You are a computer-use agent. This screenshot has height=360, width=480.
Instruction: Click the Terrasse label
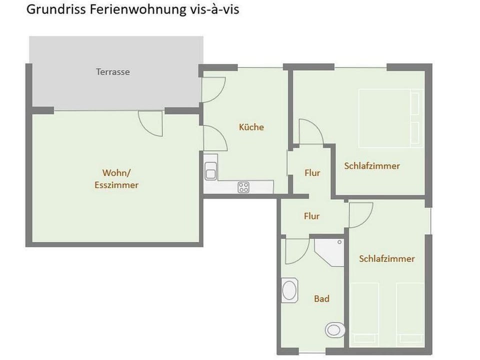pyautogui.click(x=113, y=72)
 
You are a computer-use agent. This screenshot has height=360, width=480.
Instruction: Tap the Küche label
pyautogui.click(x=251, y=127)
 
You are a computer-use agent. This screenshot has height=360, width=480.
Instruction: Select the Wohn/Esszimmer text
pyautogui.click(x=116, y=179)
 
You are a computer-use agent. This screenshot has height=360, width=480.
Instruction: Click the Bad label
pyautogui.click(x=321, y=298)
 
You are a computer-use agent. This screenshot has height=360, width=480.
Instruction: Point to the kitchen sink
pyautogui.click(x=210, y=168)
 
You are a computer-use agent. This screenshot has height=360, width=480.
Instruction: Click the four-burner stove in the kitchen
pyautogui.click(x=243, y=187)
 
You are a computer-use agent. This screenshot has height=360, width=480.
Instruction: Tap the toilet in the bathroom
pyautogui.click(x=335, y=329)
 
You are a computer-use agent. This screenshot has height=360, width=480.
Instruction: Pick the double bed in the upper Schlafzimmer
pyautogui.click(x=390, y=118)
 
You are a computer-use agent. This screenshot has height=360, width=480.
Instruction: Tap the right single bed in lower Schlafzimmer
pyautogui.click(x=409, y=312)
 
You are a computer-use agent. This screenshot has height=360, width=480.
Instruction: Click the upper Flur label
pyautogui.click(x=312, y=173)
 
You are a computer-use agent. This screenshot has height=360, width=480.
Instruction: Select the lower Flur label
pyautogui.click(x=311, y=216)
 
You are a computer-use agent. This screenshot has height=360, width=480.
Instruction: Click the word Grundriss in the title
pyautogui.click(x=56, y=10)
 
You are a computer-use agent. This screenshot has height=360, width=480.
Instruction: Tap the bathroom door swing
pyautogui.click(x=296, y=251)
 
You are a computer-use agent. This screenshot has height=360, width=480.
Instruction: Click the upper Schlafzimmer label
pyautogui.click(x=372, y=166)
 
